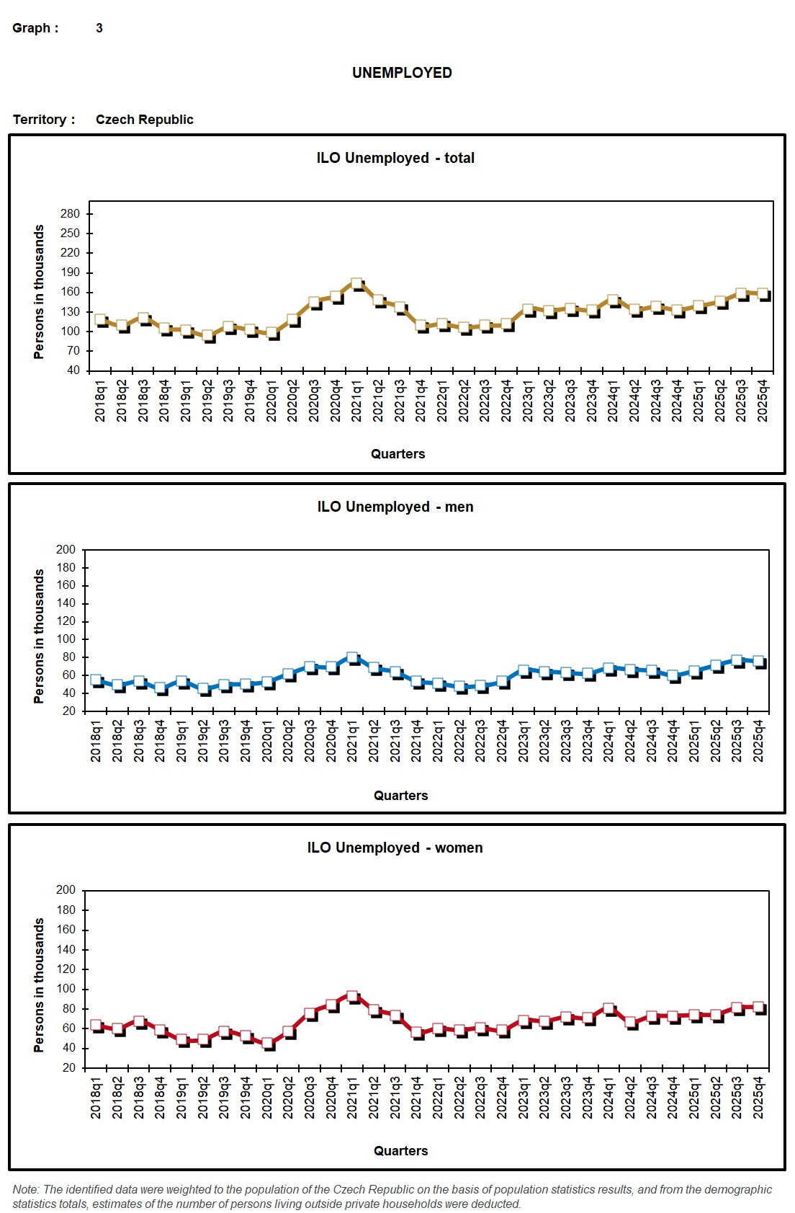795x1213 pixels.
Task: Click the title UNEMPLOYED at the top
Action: [x=402, y=73]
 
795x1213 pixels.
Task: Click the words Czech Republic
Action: [x=144, y=120]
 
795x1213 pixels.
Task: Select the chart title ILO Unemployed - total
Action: [x=395, y=158]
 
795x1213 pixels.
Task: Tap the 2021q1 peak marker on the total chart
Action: [x=356, y=284]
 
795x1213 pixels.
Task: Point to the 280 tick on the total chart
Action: [x=71, y=213]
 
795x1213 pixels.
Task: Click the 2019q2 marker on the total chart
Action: [x=207, y=335]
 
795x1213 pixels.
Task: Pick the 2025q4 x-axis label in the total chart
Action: [x=763, y=401]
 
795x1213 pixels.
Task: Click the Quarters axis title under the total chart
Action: [x=397, y=454]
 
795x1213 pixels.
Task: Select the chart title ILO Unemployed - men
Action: [x=395, y=507]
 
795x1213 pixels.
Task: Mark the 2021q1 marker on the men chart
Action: [x=352, y=657]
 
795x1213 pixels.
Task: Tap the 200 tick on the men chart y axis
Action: [x=66, y=550]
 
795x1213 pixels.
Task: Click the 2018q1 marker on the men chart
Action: [x=96, y=680]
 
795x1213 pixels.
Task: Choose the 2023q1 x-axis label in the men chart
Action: [x=524, y=740]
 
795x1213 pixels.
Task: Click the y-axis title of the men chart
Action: [x=39, y=636]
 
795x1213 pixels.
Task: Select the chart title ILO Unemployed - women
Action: [x=395, y=848]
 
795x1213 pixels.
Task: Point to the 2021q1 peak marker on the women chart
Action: [x=352, y=996]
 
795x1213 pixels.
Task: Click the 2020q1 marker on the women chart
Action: [x=267, y=1042]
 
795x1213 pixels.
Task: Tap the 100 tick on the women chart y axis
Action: [x=66, y=989]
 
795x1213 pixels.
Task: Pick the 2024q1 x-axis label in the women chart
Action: [x=608, y=1098]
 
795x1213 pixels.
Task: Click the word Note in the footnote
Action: [x=26, y=1189]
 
